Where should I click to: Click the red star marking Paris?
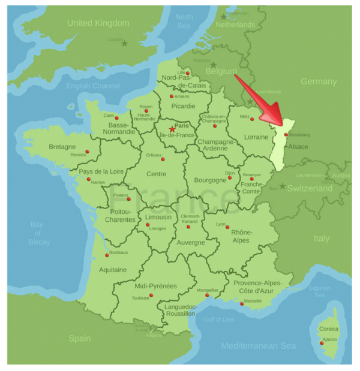point(172,129)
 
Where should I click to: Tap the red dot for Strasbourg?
point(286,135)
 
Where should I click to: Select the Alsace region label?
point(298,146)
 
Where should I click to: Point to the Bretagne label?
point(62,147)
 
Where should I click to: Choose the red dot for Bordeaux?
point(107,255)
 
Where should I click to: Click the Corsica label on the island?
point(328,328)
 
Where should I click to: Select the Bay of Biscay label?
point(38,233)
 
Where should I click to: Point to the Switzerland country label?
point(310,188)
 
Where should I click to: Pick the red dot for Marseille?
point(242,304)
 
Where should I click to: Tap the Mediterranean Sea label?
point(259,346)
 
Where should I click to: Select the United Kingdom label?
point(98,23)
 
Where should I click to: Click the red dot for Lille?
point(188,73)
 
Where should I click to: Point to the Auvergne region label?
point(191,243)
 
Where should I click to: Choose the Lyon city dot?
point(227,227)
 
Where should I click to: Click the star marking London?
point(125,44)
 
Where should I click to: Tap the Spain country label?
point(79,339)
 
